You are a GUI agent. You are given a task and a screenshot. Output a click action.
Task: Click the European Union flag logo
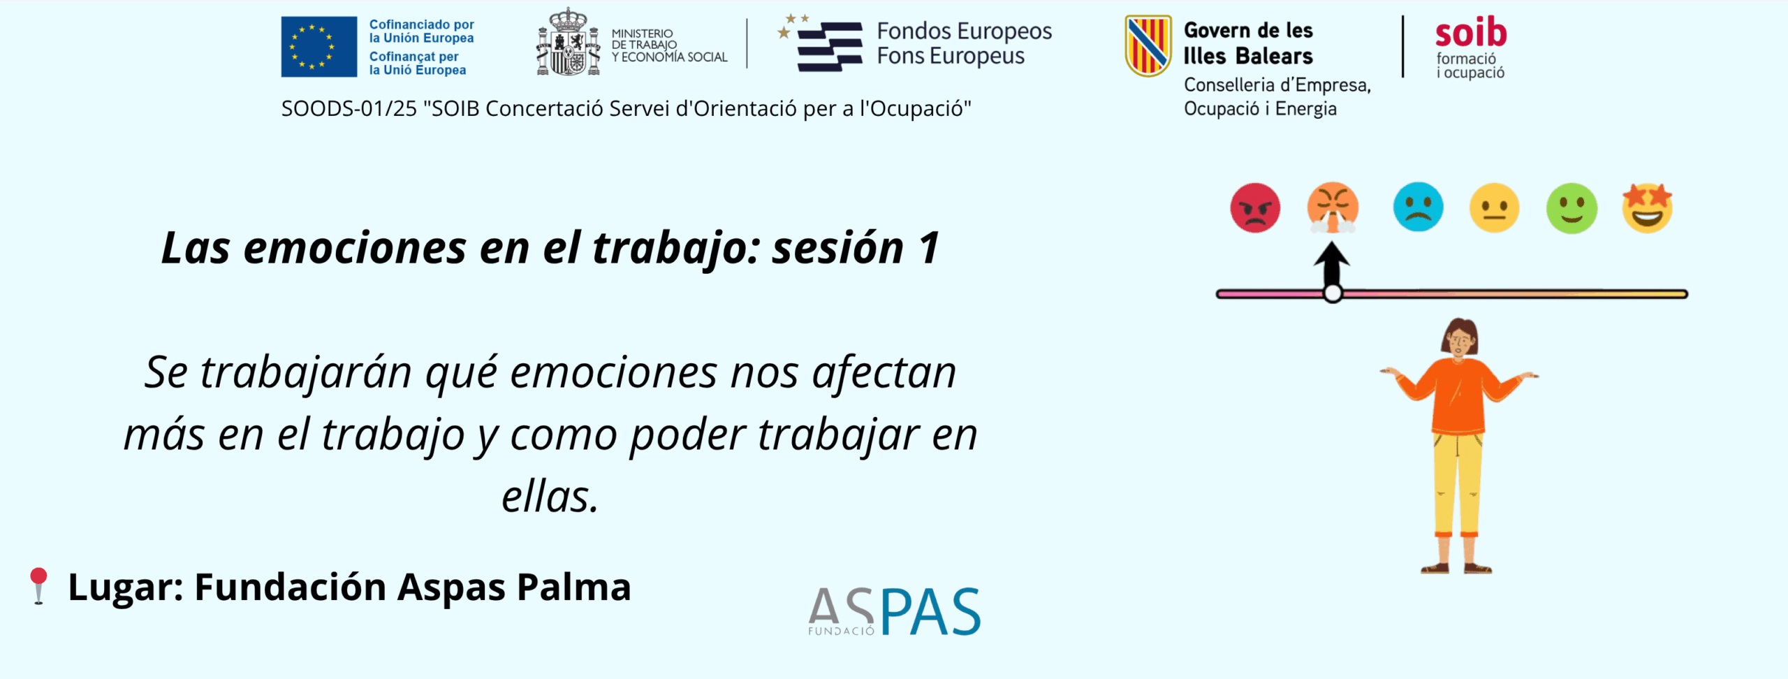click(x=319, y=47)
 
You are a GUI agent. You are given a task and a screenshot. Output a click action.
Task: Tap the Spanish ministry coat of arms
click(x=569, y=42)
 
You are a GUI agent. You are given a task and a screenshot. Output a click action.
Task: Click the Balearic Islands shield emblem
click(x=1148, y=46)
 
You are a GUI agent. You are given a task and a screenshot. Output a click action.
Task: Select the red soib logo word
click(x=1471, y=32)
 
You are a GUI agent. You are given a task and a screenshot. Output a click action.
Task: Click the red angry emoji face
click(x=1255, y=207)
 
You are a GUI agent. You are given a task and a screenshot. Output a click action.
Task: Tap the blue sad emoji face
click(x=1418, y=207)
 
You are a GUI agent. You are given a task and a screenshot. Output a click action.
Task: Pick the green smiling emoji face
click(x=1571, y=208)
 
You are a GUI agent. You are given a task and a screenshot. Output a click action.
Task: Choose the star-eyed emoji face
click(x=1648, y=207)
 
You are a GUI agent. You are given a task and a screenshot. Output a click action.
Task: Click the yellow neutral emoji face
click(x=1495, y=207)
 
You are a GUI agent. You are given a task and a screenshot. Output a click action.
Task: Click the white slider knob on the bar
click(x=1333, y=293)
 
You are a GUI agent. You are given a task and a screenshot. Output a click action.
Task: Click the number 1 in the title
click(x=930, y=248)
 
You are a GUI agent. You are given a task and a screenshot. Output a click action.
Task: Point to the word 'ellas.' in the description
click(x=550, y=497)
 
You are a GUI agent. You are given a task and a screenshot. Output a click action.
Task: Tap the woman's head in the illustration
click(x=1460, y=338)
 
